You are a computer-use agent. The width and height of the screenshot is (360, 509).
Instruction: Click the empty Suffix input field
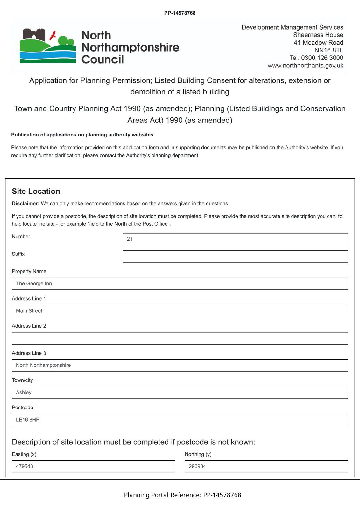235,256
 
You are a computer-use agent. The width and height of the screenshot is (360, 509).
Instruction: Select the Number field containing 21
235,239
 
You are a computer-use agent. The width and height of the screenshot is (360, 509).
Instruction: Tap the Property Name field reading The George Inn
180,284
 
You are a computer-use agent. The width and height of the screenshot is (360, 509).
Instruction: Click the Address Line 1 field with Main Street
180,311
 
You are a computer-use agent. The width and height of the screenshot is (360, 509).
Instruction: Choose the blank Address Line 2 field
180,338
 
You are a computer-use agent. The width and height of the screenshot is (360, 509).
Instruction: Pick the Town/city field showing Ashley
180,393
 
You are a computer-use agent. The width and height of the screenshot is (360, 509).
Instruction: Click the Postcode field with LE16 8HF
180,420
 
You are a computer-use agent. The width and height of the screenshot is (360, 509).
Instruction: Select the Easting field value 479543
93,466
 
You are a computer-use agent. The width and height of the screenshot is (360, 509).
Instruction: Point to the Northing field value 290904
266,466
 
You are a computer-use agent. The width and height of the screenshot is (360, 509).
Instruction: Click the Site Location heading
36,191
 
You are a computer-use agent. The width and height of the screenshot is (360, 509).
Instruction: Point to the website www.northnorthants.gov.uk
305,66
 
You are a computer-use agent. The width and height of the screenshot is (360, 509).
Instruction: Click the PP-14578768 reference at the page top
180,13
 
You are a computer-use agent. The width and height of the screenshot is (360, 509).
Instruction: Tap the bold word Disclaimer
25,204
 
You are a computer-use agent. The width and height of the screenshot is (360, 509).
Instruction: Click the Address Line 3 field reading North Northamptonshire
180,365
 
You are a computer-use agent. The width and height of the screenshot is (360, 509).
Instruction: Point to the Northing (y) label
198,454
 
